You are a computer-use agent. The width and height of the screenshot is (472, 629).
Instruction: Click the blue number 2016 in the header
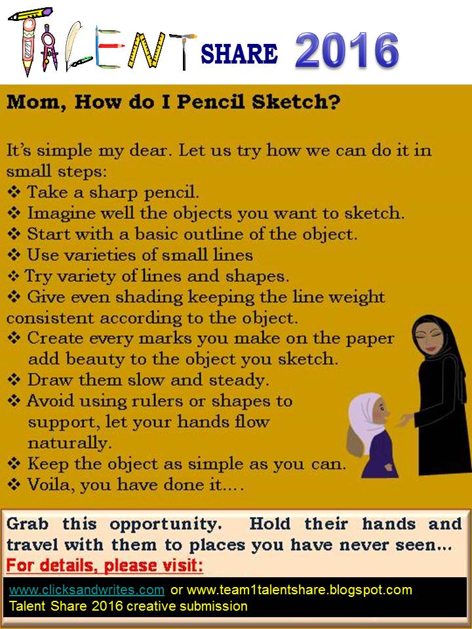pyautogui.click(x=347, y=50)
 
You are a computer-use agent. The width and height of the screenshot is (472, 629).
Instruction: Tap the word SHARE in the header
pyautogui.click(x=239, y=54)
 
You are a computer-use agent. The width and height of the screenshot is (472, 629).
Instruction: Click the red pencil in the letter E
pyautogui.click(x=111, y=46)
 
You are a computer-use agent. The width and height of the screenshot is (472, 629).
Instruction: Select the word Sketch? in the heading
pyautogui.click(x=296, y=102)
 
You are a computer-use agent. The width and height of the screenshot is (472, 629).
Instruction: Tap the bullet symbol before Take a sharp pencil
pyautogui.click(x=14, y=192)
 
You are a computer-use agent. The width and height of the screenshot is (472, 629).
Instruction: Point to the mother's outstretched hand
pyautogui.click(x=405, y=421)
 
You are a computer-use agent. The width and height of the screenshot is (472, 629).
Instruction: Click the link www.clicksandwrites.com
pyautogui.click(x=87, y=590)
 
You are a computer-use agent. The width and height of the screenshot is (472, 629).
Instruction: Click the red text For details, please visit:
pyautogui.click(x=105, y=565)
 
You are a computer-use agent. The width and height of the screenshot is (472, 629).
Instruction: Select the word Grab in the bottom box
pyautogui.click(x=28, y=524)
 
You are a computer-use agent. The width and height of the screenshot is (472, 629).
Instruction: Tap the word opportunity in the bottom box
pyautogui.click(x=165, y=525)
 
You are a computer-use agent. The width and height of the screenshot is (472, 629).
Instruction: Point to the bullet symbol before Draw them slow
pyautogui.click(x=14, y=379)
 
